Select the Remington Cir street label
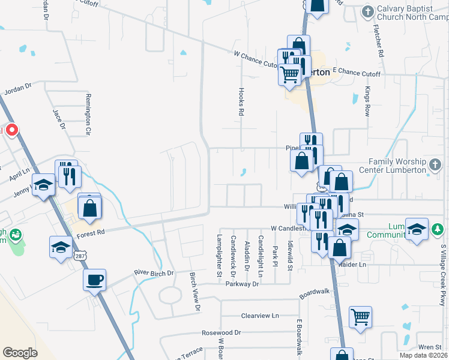click(x=88, y=115)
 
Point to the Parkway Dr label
click(x=243, y=284)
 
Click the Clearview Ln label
click(x=260, y=315)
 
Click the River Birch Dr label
click(x=154, y=273)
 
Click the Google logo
click(x=20, y=353)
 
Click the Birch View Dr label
click(x=194, y=291)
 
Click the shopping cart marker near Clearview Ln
click(x=360, y=316)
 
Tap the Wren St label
click(x=430, y=347)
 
